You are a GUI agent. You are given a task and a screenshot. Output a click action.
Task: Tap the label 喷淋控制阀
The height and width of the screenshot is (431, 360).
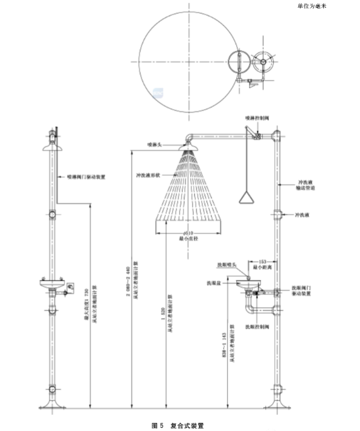tap(256, 117)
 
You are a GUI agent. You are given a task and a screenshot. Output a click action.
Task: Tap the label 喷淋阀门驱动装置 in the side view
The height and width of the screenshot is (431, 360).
tap(85, 174)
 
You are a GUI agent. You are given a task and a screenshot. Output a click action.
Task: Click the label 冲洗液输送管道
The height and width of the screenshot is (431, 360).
tap(306, 184)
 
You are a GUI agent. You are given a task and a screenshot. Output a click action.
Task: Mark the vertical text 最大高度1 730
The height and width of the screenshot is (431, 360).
tap(86, 302)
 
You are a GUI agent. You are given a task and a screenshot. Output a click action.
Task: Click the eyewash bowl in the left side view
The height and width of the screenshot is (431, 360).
tap(52, 284)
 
